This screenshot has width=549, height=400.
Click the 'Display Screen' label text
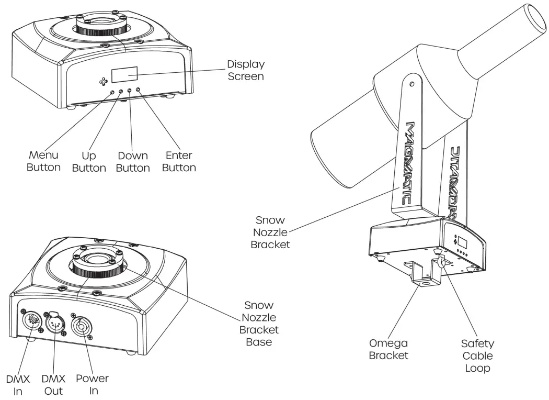245,70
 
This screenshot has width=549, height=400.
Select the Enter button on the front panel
138,91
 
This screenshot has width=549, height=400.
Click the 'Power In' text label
92,384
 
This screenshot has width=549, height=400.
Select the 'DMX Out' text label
53,384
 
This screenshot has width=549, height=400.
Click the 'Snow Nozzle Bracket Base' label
259,324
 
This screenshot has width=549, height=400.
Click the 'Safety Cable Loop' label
477,355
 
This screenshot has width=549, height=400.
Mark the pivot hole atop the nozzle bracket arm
413,83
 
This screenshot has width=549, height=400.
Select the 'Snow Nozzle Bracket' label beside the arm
271,232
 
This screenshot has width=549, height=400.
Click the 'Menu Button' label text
44,162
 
